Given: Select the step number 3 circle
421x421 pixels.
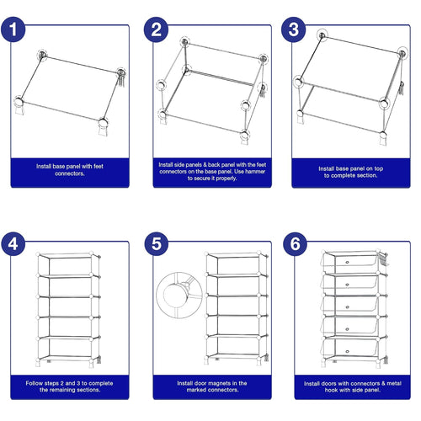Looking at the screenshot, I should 294,31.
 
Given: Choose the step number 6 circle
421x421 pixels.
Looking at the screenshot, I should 294,245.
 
